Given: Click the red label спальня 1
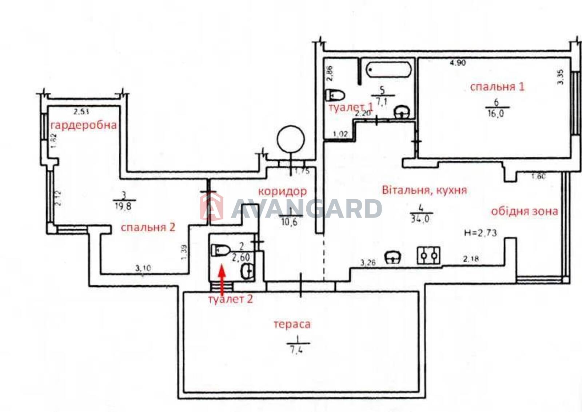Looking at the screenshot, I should pyautogui.click(x=497, y=87).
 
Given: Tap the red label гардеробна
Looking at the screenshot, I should pyautogui.click(x=84, y=125).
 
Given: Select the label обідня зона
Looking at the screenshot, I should pyautogui.click(x=524, y=211).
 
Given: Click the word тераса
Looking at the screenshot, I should pyautogui.click(x=292, y=324).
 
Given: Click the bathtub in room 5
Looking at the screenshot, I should pyautogui.click(x=389, y=69).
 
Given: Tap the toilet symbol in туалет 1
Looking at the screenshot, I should pyautogui.click(x=335, y=95).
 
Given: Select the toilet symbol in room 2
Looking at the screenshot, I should pyautogui.click(x=220, y=250).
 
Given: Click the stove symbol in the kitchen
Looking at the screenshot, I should pyautogui.click(x=428, y=256).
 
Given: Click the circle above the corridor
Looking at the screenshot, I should pyautogui.click(x=290, y=139).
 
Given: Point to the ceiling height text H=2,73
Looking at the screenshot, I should pyautogui.click(x=481, y=233).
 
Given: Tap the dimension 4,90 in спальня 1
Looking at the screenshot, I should pyautogui.click(x=458, y=63).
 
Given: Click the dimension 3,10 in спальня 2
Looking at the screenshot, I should pyautogui.click(x=143, y=269).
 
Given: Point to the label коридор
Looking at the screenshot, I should pyautogui.click(x=282, y=191).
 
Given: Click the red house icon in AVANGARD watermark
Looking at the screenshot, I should pyautogui.click(x=211, y=207).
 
